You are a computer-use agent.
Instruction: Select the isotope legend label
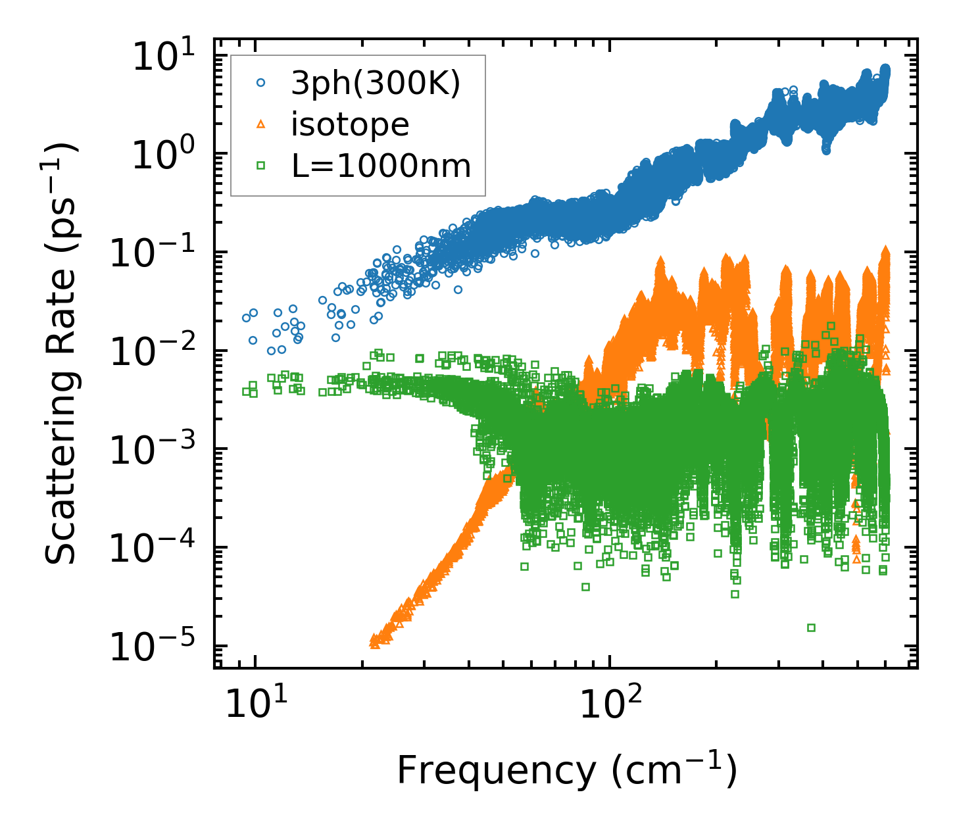(350, 124)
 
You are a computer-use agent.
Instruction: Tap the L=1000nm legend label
(381, 166)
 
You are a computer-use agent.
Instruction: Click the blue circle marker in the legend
(261, 83)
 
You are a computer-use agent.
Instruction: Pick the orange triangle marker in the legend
(261, 124)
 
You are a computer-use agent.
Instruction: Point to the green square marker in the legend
(261, 166)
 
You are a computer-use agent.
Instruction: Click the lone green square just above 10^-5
(811, 627)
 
